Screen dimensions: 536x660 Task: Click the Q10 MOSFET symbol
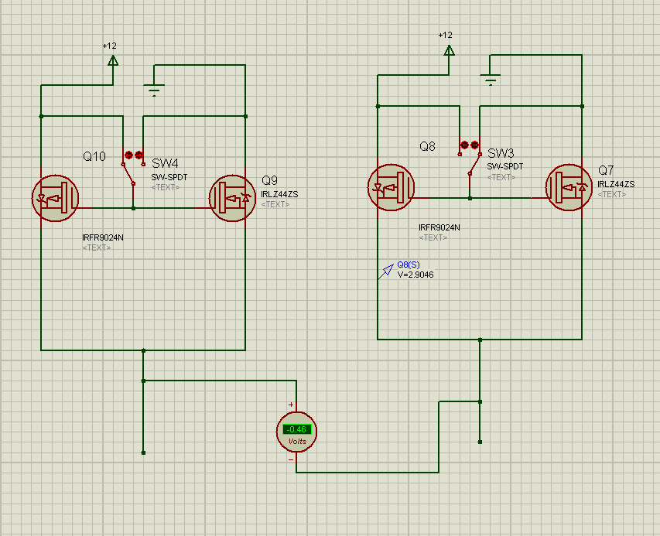pyautogui.click(x=55, y=196)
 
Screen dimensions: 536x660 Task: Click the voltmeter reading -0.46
pyautogui.click(x=296, y=429)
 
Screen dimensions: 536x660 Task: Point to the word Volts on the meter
pyautogui.click(x=297, y=442)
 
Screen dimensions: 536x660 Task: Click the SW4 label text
pyautogui.click(x=165, y=163)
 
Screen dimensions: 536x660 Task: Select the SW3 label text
pyautogui.click(x=501, y=152)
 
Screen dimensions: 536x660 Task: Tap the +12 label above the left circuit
pyautogui.click(x=109, y=46)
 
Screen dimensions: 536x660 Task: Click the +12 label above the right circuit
pyautogui.click(x=445, y=35)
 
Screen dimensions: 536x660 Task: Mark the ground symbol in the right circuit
pyautogui.click(x=490, y=79)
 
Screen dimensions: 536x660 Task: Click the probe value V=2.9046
pyautogui.click(x=415, y=275)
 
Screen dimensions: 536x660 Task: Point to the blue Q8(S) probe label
pyautogui.click(x=408, y=265)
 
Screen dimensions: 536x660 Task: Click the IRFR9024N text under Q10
pyautogui.click(x=103, y=237)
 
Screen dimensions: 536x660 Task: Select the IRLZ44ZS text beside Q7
pyautogui.click(x=616, y=184)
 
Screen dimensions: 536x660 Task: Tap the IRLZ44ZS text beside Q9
pyautogui.click(x=280, y=194)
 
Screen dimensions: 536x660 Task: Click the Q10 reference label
pyautogui.click(x=94, y=156)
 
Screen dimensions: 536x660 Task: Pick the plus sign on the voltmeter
pyautogui.click(x=291, y=405)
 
